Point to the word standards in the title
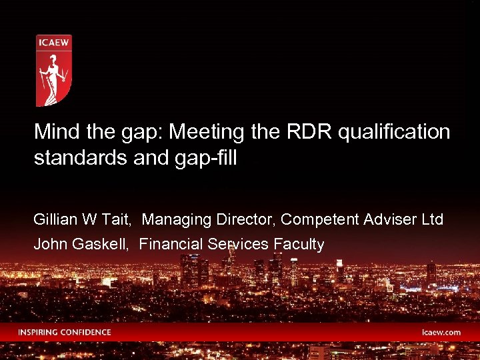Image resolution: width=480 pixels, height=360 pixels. coord(73,159)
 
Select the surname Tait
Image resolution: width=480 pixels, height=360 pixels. coord(121,219)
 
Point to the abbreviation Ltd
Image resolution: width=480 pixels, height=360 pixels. coord(431,219)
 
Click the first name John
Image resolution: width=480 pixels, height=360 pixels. coord(49,245)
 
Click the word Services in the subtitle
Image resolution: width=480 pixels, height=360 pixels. coord(238,245)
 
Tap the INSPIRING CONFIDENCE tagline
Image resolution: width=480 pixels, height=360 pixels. coord(65,332)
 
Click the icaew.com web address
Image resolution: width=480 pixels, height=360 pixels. coord(441,332)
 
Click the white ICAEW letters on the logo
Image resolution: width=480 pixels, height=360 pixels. coord(53,45)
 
